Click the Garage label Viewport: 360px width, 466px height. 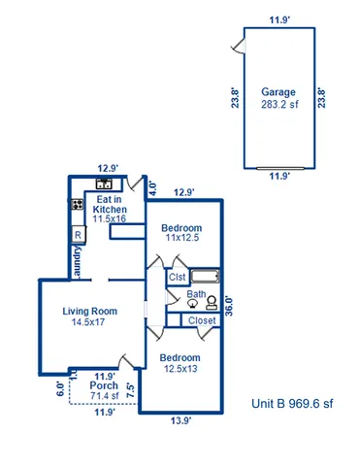pos(278,92)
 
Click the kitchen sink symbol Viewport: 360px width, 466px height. pos(104,184)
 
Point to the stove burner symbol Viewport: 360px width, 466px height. pos(76,205)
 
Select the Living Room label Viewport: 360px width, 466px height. pos(90,312)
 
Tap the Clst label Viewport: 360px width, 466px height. pos(177,277)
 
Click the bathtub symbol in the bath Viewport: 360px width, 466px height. pos(207,276)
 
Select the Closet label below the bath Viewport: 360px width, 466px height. pos(202,320)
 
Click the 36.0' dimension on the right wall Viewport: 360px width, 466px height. pos(229,306)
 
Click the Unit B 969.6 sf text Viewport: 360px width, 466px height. pos(291,403)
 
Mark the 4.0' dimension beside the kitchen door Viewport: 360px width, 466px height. pos(151,189)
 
